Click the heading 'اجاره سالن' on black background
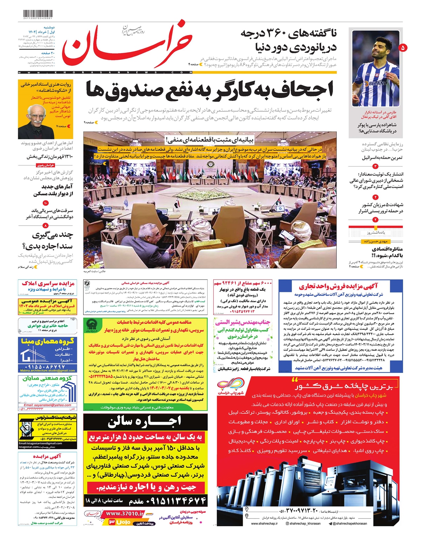[x=145, y=422]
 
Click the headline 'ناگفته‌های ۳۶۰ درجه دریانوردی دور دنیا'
[x=288, y=40]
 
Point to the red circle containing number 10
[x=46, y=203]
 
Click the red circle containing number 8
[x=46, y=226]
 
